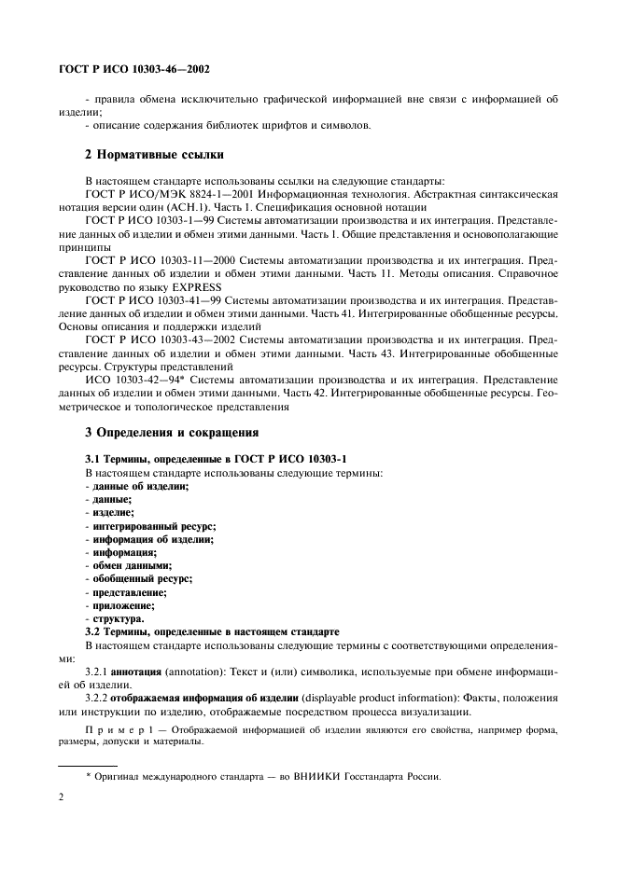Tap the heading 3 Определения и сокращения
pyautogui.click(x=172, y=432)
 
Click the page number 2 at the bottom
pyautogui.click(x=62, y=797)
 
